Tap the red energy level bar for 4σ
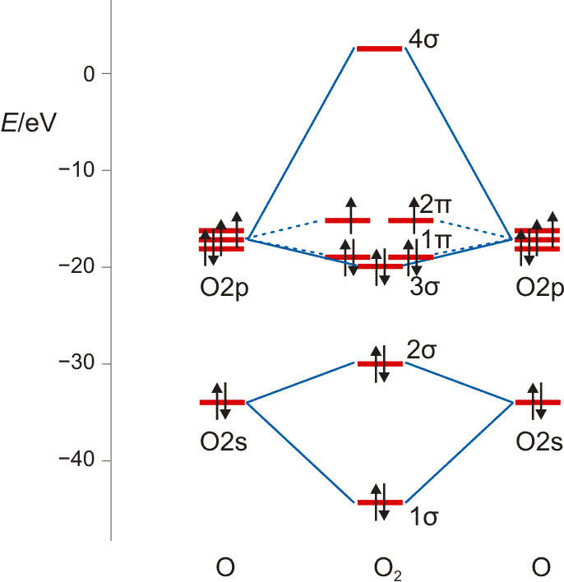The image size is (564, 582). point(379,48)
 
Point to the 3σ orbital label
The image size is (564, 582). point(423,288)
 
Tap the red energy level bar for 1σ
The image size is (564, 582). point(379,501)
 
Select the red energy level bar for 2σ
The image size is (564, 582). point(379,363)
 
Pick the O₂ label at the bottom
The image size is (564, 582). point(387,568)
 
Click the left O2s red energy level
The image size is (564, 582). point(222,402)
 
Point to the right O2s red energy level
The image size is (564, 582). point(538,402)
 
